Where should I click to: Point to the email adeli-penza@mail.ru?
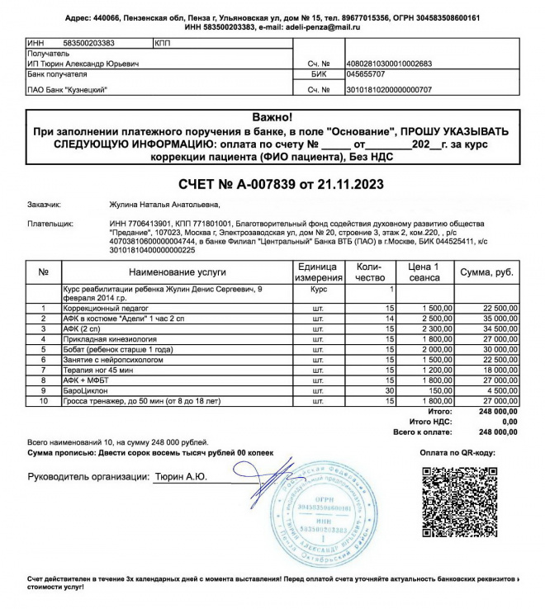click(312, 28)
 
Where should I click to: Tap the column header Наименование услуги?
click(177, 271)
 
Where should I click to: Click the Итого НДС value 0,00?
click(509, 421)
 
